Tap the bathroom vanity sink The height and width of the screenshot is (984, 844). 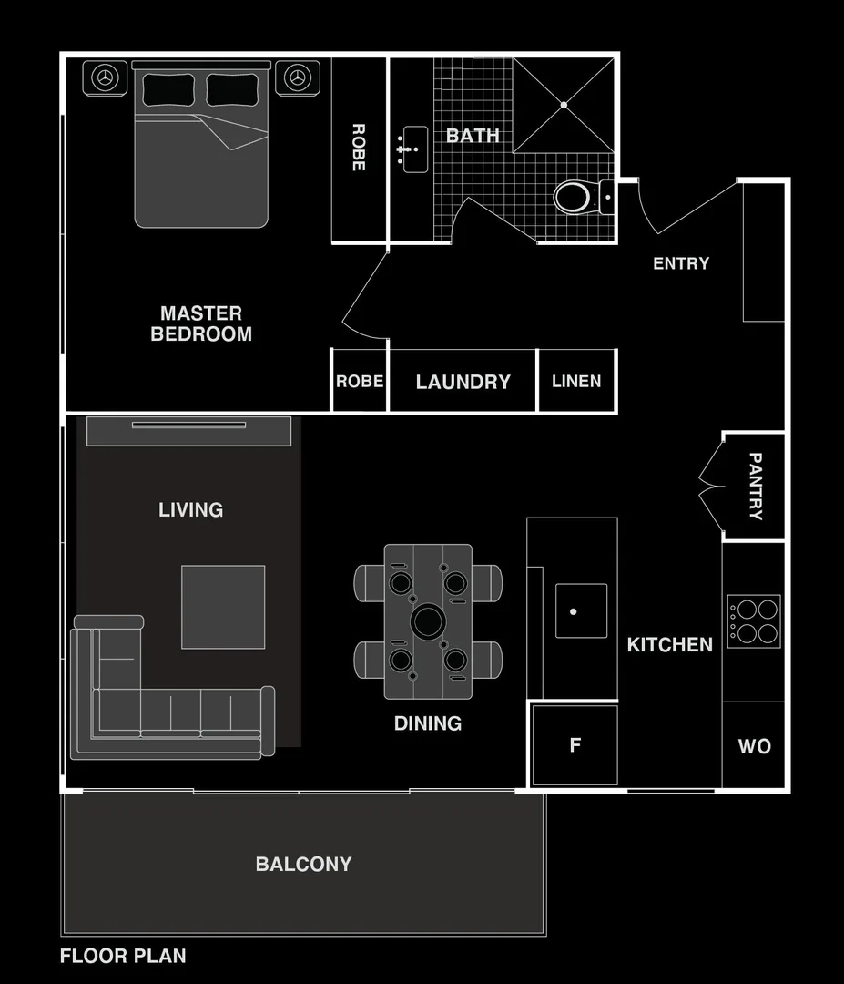click(415, 149)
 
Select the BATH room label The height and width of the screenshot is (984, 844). click(473, 136)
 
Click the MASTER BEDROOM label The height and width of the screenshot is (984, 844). click(201, 323)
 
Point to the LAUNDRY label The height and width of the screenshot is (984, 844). click(463, 382)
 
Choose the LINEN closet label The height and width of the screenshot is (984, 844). click(576, 381)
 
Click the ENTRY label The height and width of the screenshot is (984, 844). click(681, 263)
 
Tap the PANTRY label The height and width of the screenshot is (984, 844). click(755, 486)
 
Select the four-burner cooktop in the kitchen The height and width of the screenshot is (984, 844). click(754, 621)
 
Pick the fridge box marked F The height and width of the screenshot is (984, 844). click(575, 745)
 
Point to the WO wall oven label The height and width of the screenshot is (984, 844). click(754, 746)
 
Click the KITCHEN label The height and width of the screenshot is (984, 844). click(669, 644)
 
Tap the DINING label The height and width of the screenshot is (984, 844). click(427, 723)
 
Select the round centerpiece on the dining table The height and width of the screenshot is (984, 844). click(427, 622)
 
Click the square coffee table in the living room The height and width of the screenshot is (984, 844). click(223, 607)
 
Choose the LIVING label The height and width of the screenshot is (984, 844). click(190, 509)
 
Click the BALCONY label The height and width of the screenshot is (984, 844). click(303, 864)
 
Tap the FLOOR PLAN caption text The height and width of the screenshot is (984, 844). click(123, 956)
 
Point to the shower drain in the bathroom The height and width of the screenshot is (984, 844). click(564, 105)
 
